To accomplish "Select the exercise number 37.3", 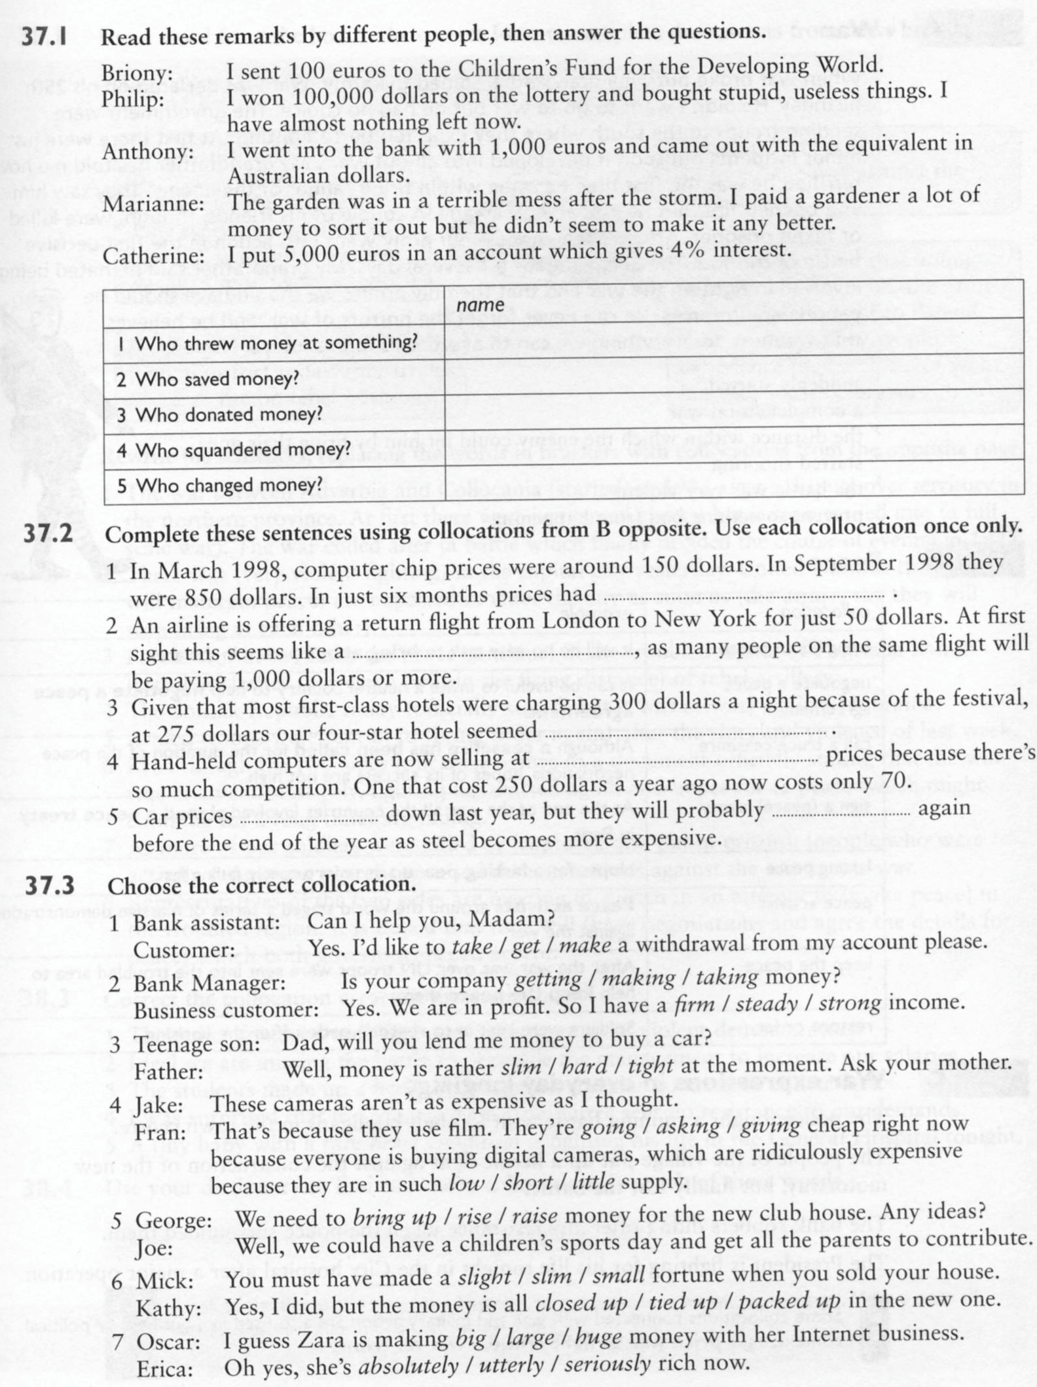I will tap(50, 886).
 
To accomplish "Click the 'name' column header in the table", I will tap(480, 305).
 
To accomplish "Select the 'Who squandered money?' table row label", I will tap(234, 450).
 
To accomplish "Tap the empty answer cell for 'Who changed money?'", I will tap(733, 485).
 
